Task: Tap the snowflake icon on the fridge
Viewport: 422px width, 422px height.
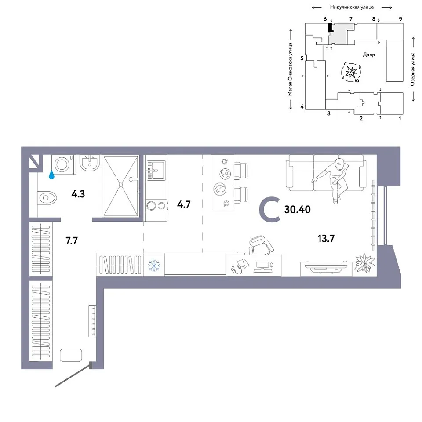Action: click(154, 266)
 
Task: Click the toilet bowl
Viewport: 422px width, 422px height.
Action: click(47, 198)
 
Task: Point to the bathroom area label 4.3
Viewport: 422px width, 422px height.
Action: click(78, 194)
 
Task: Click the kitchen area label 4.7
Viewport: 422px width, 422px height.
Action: click(184, 204)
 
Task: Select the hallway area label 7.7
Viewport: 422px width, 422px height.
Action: click(72, 240)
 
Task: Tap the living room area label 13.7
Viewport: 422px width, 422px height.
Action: click(326, 238)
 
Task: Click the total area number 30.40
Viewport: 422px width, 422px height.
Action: click(298, 209)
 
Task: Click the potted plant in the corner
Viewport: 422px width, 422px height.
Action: click(364, 263)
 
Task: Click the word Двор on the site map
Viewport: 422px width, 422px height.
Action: click(369, 55)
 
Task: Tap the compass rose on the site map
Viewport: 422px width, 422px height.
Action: click(351, 72)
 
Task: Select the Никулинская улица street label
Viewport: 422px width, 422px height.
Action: click(352, 7)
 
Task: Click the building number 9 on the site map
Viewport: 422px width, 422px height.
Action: click(400, 19)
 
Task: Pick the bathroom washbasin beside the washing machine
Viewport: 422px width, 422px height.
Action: click(90, 163)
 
